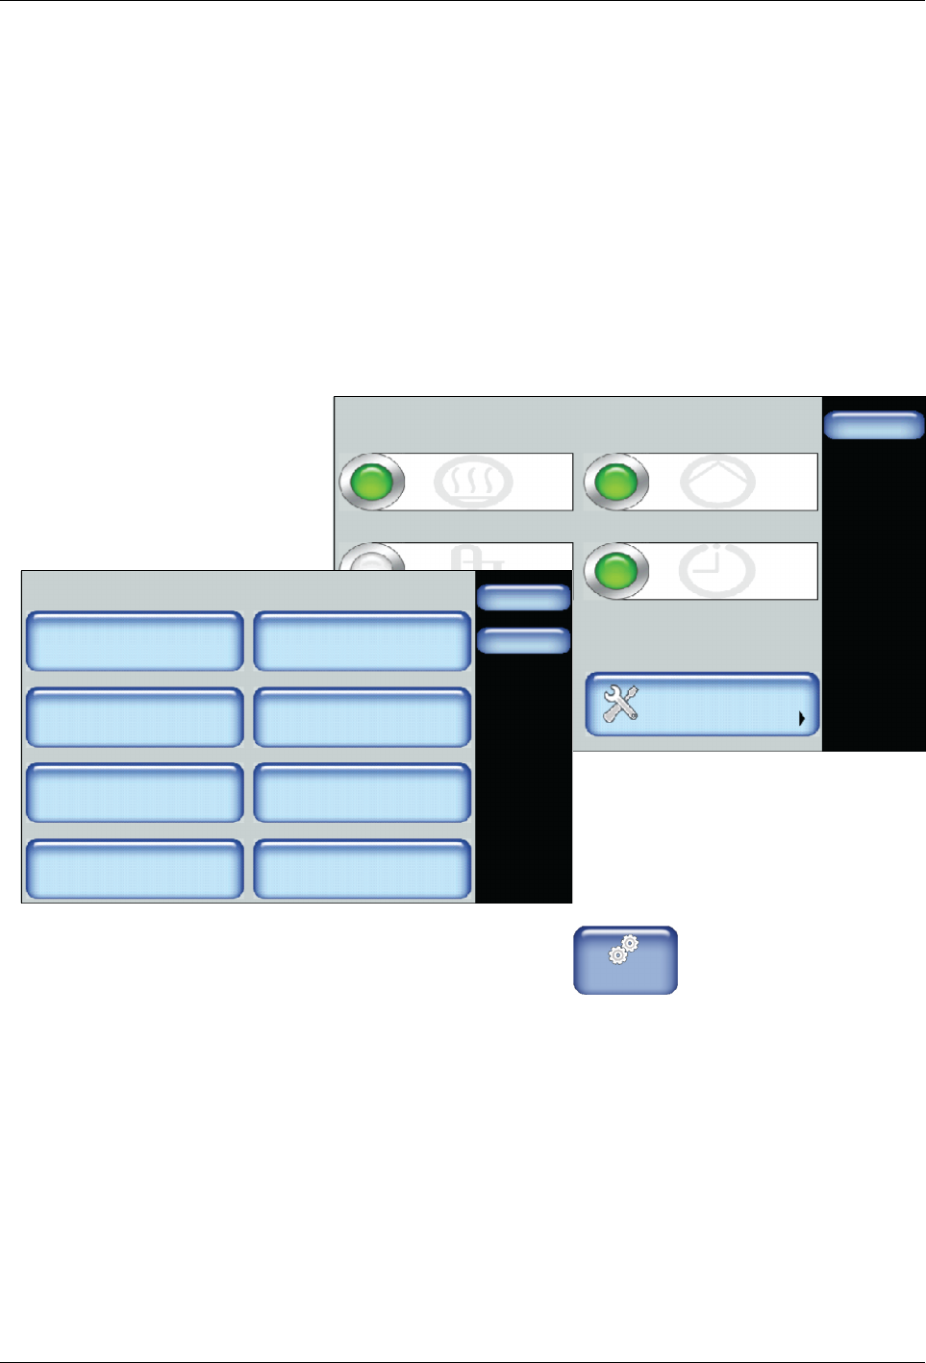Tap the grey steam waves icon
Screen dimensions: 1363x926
point(472,483)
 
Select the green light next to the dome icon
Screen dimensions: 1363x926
point(616,482)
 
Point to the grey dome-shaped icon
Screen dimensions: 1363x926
point(717,483)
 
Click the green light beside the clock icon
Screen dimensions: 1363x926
point(616,571)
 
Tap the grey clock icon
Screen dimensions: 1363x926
point(716,571)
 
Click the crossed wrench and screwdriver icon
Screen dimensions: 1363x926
point(620,704)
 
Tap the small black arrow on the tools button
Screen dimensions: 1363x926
point(801,717)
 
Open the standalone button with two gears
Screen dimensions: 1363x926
point(626,959)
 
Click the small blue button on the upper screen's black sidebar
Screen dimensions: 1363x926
point(874,425)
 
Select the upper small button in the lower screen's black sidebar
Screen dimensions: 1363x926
point(524,598)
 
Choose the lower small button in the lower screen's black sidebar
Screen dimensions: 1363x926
point(524,640)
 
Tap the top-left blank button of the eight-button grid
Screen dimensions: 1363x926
point(135,641)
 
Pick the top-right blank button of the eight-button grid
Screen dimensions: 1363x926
point(363,641)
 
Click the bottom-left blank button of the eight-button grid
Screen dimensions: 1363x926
point(135,869)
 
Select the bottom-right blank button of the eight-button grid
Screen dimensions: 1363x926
point(363,869)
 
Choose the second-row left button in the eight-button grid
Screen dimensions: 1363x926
point(135,717)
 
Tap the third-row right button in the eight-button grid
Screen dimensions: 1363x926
point(363,793)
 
